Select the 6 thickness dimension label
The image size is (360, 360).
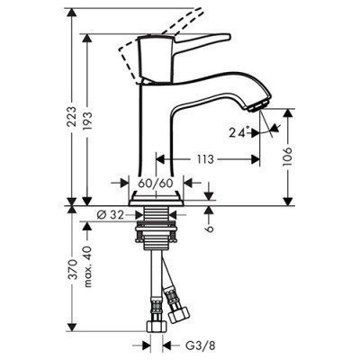(x=210, y=229)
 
